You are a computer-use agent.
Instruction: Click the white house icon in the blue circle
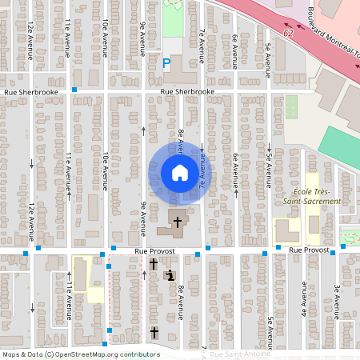(x=179, y=172)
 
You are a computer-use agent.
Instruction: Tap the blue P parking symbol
(x=167, y=62)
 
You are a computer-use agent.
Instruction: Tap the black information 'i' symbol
(x=169, y=275)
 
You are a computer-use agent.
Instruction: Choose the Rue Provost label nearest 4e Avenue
(x=309, y=250)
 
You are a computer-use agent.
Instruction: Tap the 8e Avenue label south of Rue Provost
(x=182, y=301)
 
